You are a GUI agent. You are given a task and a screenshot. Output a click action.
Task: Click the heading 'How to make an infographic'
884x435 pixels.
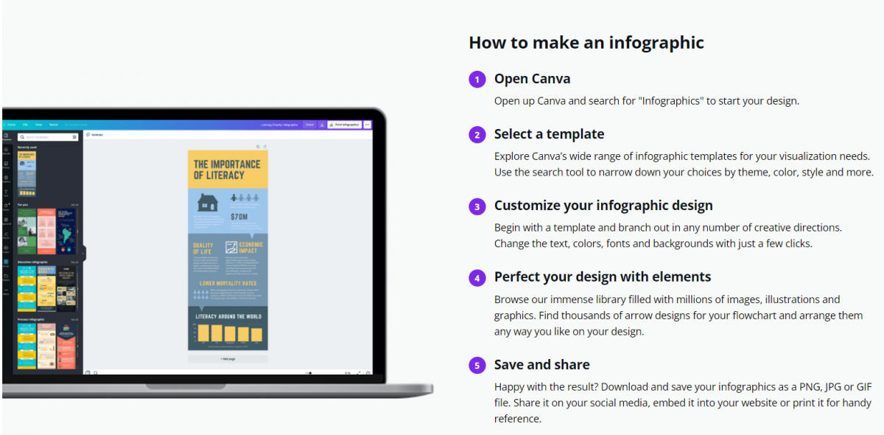[x=586, y=43]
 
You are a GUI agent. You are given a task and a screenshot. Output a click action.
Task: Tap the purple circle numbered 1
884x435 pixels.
[x=477, y=80]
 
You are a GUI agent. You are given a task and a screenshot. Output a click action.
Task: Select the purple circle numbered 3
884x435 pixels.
[x=477, y=206]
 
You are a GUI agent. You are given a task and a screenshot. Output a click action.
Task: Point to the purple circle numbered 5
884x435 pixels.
[x=477, y=366]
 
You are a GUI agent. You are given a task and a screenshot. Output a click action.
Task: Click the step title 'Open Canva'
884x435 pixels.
[x=532, y=79]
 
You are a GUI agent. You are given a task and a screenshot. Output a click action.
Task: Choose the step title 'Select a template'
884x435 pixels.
[x=549, y=134]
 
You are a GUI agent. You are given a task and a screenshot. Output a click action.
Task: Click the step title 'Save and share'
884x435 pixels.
[x=541, y=365]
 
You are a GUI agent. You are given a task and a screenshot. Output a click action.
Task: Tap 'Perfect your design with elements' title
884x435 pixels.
[x=603, y=277]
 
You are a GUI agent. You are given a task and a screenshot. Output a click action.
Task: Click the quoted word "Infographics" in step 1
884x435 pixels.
[x=670, y=101]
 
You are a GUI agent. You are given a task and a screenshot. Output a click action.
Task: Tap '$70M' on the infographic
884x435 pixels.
[x=239, y=217]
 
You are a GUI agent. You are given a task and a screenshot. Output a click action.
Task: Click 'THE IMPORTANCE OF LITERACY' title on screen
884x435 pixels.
[x=227, y=170]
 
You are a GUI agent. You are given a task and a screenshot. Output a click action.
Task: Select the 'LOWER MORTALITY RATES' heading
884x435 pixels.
[x=228, y=283]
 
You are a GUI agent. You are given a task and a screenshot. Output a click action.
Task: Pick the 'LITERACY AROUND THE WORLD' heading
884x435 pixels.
[x=228, y=317]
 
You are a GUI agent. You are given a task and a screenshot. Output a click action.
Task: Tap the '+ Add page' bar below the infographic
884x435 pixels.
[x=228, y=359]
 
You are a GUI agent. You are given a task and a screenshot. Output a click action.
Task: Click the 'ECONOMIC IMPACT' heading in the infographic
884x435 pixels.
[x=250, y=247]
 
